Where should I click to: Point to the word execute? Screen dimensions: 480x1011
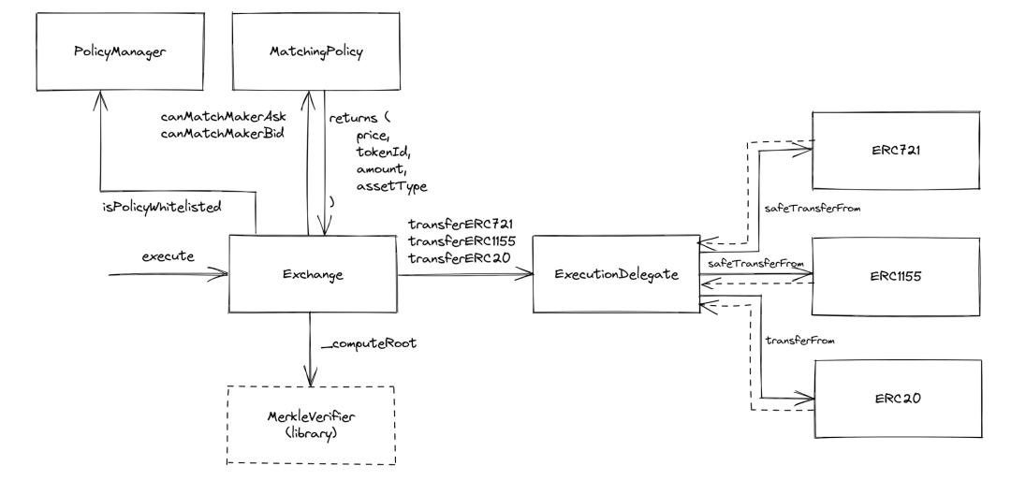168,255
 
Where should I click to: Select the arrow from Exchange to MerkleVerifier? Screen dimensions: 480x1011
309,346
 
